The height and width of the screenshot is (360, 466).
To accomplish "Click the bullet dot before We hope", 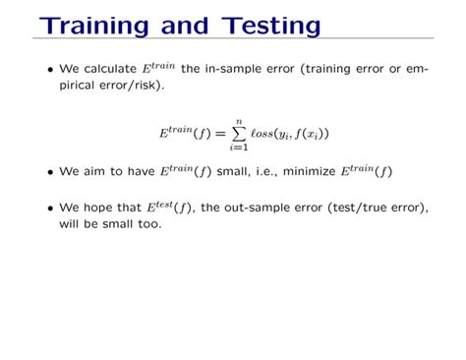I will coord(50,209).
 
